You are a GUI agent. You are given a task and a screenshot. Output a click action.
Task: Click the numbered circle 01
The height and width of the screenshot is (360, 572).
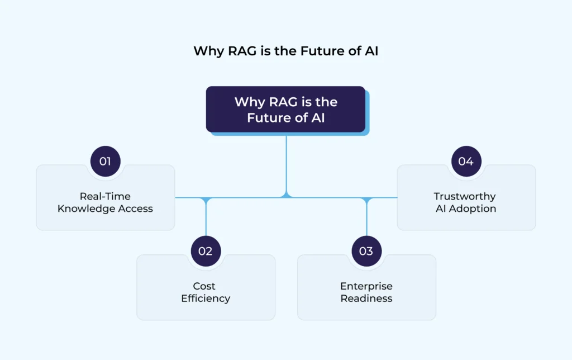[x=105, y=162]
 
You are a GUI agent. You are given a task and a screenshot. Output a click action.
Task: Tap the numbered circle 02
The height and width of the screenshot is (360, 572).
[x=206, y=251]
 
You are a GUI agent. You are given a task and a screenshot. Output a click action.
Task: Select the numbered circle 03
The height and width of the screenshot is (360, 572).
[x=366, y=251]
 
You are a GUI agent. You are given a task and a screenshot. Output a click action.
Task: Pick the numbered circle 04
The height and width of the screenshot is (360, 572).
[x=466, y=162]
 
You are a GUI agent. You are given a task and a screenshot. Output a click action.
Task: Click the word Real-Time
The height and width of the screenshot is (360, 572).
[x=105, y=197]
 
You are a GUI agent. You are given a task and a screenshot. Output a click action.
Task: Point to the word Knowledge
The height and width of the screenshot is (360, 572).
[x=89, y=209]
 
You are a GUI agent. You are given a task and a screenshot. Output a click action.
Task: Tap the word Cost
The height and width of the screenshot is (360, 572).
[x=205, y=286]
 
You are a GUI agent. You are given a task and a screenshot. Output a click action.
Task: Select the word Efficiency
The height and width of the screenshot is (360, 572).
[x=206, y=299]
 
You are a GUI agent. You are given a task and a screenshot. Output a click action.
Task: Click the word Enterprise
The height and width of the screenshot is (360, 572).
[x=366, y=286]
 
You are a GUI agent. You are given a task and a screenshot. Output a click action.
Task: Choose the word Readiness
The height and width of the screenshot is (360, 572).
[x=366, y=299]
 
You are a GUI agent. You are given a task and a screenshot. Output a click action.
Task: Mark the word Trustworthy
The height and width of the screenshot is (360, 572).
[x=465, y=197]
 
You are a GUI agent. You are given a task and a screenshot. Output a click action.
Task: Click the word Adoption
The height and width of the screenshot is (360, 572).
[x=473, y=209]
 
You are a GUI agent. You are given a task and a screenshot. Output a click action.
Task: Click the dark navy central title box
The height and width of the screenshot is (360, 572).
[x=285, y=109]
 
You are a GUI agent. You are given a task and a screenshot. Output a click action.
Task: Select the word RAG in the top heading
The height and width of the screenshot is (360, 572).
[x=239, y=51]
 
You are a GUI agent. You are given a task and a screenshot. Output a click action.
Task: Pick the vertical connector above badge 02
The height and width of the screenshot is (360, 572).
[x=206, y=218]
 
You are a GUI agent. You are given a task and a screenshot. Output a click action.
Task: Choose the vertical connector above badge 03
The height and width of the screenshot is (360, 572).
[x=367, y=218]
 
